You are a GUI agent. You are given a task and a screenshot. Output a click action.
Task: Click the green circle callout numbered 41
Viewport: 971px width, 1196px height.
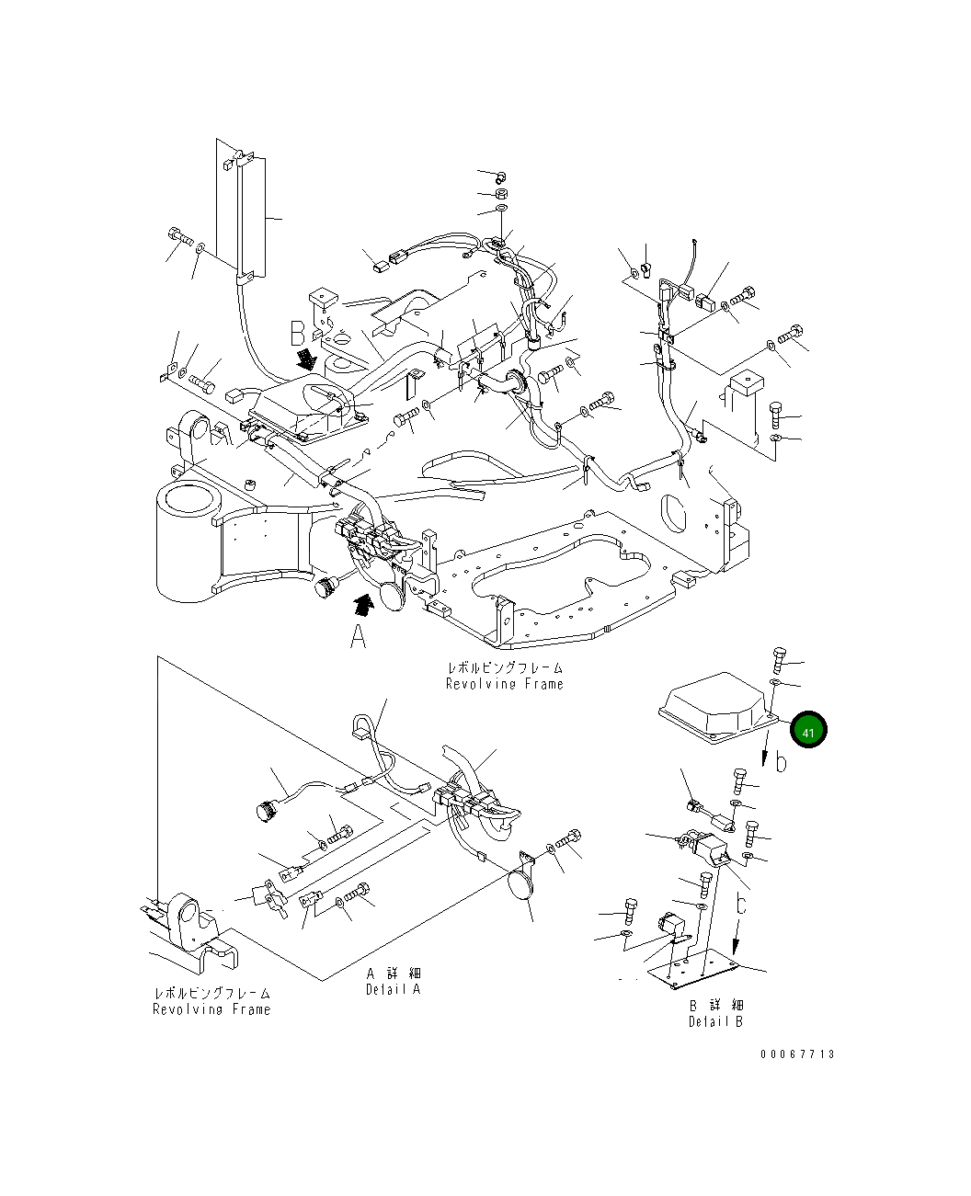coord(809,731)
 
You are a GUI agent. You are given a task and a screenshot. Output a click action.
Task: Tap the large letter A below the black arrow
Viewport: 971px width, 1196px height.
coord(359,636)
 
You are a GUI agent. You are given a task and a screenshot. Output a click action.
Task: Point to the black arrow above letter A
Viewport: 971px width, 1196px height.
coord(365,603)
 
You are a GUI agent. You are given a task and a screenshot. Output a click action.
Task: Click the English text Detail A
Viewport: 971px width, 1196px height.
coord(393,989)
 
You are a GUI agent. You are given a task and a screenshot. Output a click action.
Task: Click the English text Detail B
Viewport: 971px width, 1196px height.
coord(715,1021)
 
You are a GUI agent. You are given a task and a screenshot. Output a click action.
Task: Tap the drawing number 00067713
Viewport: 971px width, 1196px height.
coord(797,1054)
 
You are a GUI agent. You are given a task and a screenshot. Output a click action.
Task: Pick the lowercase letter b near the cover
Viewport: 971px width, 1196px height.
coord(782,762)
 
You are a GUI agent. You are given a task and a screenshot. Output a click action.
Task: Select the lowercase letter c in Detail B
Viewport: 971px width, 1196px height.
coord(741,905)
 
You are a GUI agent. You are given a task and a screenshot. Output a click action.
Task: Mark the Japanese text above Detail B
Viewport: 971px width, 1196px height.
coord(715,1005)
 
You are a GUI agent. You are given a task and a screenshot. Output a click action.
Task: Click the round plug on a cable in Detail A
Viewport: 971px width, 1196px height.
coord(267,809)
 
